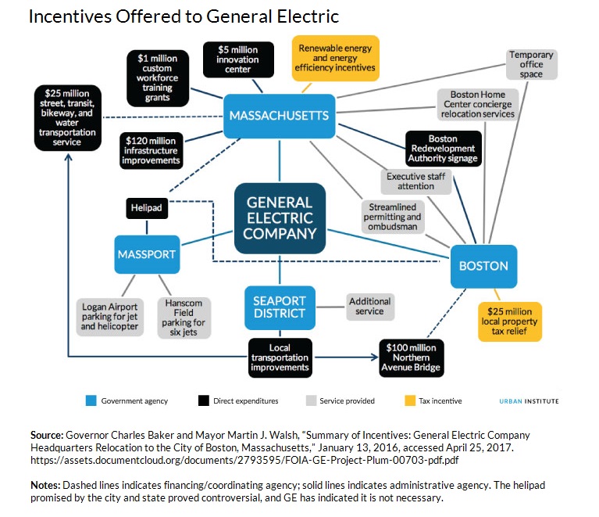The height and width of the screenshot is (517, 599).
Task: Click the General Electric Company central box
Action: [280, 218]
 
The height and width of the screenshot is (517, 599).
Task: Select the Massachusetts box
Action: [279, 116]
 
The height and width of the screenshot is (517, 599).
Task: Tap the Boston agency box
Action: [483, 266]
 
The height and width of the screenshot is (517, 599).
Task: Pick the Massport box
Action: [146, 254]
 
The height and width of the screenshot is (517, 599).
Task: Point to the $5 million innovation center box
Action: [238, 59]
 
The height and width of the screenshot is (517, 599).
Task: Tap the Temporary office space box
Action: [531, 64]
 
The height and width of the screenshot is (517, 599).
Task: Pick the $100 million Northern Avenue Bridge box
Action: [411, 357]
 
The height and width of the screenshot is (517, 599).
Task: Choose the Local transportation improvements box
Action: [279, 357]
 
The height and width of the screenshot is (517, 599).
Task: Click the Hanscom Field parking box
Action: [184, 317]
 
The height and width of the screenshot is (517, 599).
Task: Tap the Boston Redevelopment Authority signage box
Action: [443, 149]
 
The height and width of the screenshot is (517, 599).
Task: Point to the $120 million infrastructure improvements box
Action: [152, 149]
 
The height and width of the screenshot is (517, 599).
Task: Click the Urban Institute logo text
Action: [529, 401]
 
